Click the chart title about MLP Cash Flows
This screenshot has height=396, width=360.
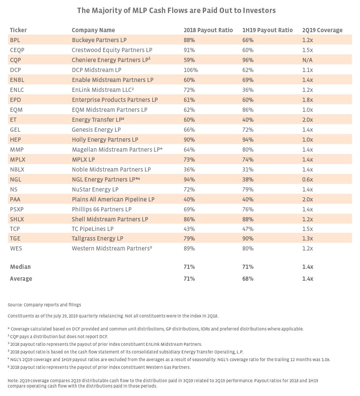(176, 10)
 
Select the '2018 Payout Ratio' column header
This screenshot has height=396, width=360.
(208, 30)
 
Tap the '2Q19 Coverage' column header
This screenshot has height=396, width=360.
(322, 30)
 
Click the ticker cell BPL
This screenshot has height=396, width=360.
(15, 40)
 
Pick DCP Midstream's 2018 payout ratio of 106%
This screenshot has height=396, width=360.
(191, 70)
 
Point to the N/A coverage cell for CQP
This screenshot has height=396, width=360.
(307, 60)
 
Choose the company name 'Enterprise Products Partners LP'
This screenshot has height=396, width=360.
(115, 100)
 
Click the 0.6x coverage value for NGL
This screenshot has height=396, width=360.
(307, 179)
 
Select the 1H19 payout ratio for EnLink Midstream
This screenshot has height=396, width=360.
(248, 90)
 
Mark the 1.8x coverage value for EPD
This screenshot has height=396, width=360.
(307, 100)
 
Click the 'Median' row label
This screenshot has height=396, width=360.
(20, 267)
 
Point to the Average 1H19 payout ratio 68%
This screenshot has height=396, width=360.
(248, 278)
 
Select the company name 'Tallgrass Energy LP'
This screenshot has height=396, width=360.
(97, 238)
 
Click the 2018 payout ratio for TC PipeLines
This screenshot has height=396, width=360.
(189, 229)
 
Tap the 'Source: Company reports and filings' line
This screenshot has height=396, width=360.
(44, 305)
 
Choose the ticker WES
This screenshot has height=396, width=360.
(16, 248)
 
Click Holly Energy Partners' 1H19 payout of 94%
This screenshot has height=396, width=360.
(248, 139)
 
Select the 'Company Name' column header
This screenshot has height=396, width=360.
(93, 30)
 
